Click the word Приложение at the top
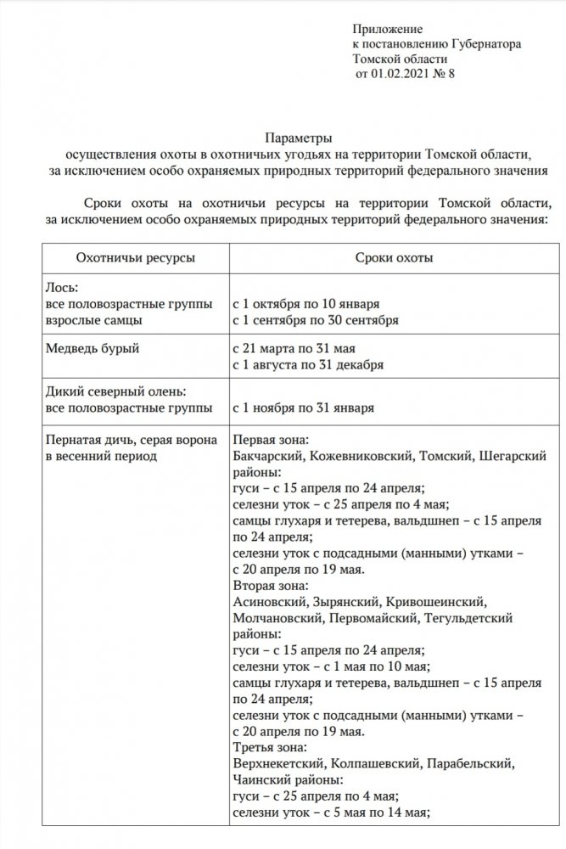(x=386, y=29)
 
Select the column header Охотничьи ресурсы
(x=134, y=256)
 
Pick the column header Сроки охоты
(x=392, y=256)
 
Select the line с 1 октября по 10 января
(x=305, y=303)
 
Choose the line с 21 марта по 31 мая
(x=293, y=348)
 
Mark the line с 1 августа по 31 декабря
(x=309, y=365)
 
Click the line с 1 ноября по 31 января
(x=303, y=407)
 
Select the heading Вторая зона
(x=270, y=586)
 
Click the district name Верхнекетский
(x=278, y=763)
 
